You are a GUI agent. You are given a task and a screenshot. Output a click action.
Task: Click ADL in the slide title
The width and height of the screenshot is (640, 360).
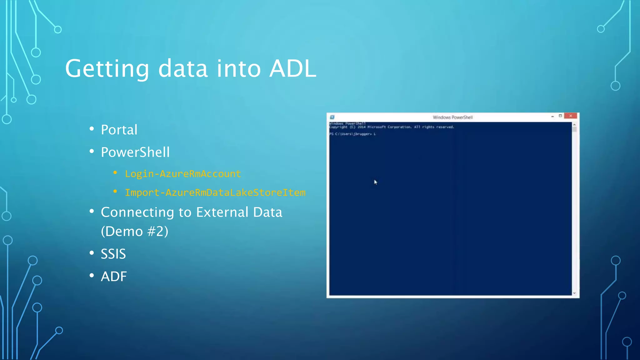[292, 69]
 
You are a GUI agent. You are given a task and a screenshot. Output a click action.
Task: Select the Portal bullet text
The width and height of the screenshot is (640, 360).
[119, 130]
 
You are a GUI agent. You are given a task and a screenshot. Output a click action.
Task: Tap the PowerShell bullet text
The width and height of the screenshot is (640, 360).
[135, 152]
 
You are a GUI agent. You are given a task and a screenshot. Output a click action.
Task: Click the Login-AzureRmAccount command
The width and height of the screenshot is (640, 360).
[183, 174]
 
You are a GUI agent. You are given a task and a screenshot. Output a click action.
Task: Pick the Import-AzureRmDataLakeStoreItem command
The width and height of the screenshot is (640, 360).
[215, 192]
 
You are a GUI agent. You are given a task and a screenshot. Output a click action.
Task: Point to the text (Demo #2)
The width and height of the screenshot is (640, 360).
[134, 232]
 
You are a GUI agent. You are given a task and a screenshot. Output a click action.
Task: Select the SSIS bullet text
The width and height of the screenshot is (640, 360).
[113, 254]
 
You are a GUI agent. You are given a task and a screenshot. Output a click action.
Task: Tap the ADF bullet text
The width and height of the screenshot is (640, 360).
[114, 277]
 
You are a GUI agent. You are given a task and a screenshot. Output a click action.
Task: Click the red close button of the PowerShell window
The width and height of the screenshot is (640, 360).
[571, 116]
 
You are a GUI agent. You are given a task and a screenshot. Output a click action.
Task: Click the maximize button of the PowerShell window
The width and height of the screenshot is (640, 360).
[560, 116]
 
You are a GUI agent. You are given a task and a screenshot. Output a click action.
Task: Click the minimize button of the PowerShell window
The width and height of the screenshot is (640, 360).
[552, 116]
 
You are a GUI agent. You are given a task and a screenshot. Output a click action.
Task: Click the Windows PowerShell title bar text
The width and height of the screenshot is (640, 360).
[452, 117]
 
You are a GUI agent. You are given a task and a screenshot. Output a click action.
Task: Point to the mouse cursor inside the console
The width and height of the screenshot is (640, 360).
[375, 182]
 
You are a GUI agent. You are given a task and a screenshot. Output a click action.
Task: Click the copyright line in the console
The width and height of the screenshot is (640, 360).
[391, 127]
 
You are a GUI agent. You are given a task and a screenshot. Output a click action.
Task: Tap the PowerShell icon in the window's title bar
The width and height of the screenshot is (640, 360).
[332, 117]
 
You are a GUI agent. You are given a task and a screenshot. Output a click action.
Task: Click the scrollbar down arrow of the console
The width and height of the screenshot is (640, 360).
[574, 293]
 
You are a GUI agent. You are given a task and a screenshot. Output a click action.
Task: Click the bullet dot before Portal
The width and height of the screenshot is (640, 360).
[92, 129]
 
